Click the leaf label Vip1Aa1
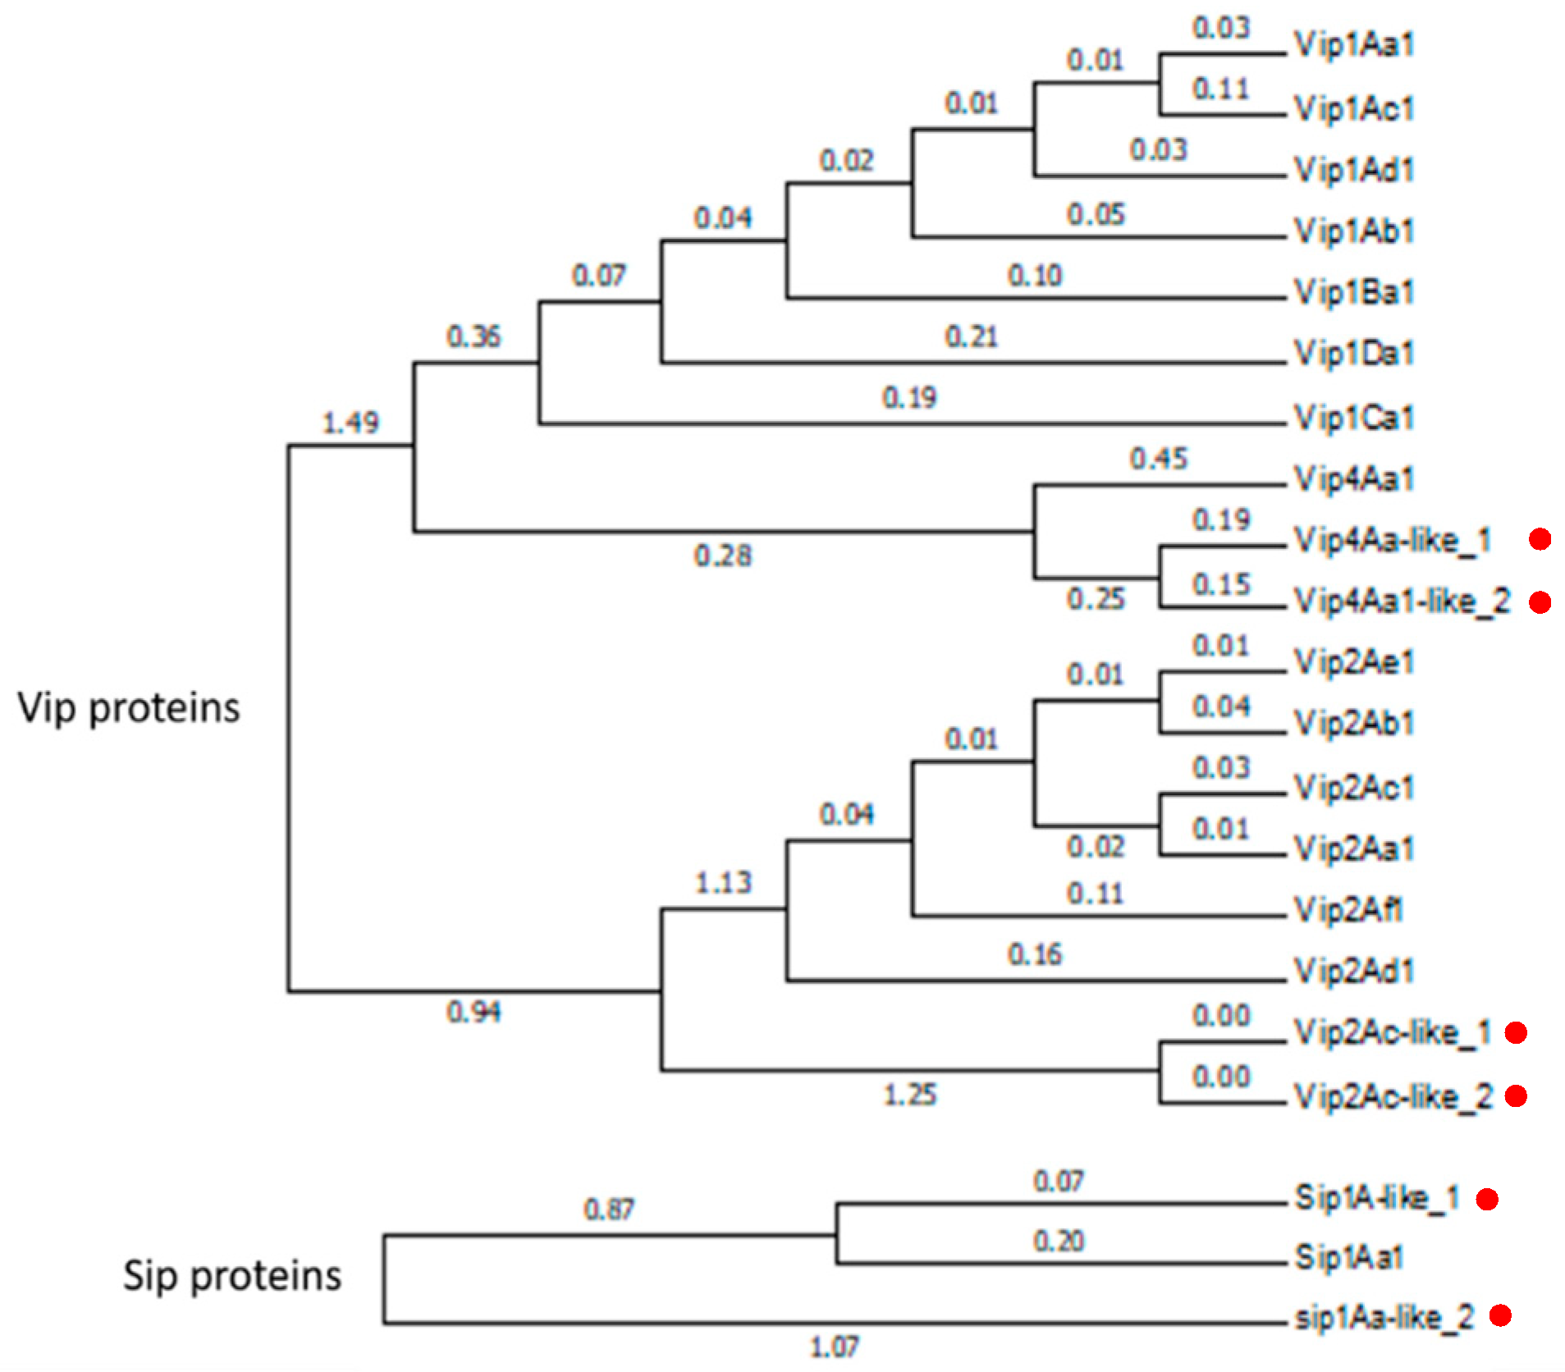1354,44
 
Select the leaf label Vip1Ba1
1354,292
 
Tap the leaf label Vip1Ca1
1354,418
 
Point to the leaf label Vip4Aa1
1354,478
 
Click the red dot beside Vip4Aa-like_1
1540,539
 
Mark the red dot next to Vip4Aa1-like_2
1540,602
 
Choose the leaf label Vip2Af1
1348,909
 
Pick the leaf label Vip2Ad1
1354,971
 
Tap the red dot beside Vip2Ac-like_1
1516,1032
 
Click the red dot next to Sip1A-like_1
1487,1199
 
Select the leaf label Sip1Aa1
1349,1257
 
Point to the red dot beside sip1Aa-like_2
1500,1315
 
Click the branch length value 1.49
350,423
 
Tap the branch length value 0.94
474,1012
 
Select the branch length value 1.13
723,883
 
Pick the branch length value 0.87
609,1209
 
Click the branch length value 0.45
1159,459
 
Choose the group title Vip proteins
129,707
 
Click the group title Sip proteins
232,1276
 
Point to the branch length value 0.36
474,336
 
